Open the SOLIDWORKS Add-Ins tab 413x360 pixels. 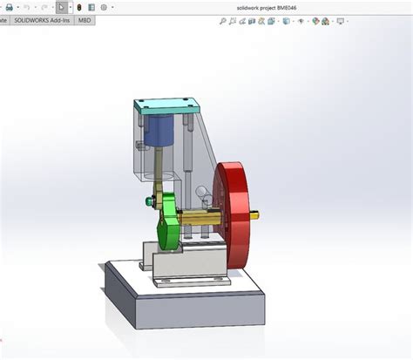click(42, 19)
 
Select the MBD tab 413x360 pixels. click(84, 19)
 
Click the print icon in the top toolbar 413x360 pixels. click(7, 6)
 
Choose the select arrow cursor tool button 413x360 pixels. click(61, 6)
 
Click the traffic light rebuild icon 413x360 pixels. click(78, 6)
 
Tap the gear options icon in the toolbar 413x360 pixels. click(105, 6)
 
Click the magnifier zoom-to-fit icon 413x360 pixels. click(212, 20)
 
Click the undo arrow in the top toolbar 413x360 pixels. click(26, 6)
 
